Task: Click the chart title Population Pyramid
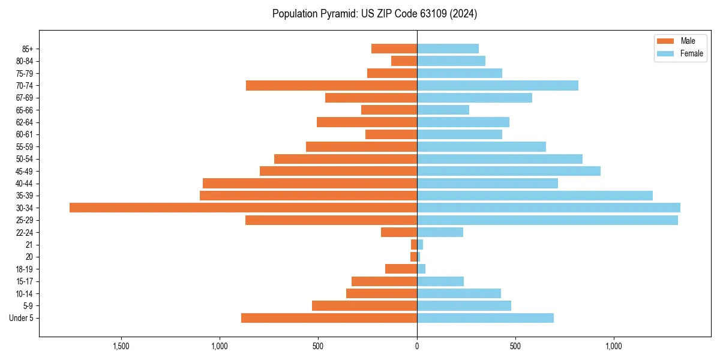tap(374, 14)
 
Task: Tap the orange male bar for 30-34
tap(243, 208)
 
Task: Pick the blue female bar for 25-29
tap(547, 220)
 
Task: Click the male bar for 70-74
tap(331, 85)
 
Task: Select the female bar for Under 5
tap(485, 318)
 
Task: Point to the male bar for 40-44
tap(310, 183)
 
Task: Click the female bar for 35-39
tap(535, 196)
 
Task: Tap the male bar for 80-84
tap(404, 61)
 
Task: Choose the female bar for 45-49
tap(509, 171)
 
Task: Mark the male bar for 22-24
tap(399, 232)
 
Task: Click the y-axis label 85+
tap(27, 49)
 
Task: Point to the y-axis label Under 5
tap(22, 318)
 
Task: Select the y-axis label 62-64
tap(25, 122)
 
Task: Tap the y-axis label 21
tap(29, 245)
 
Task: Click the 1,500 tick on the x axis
tap(121, 346)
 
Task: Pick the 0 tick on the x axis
tap(417, 346)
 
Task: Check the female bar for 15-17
tap(440, 281)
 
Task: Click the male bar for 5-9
tap(364, 306)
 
